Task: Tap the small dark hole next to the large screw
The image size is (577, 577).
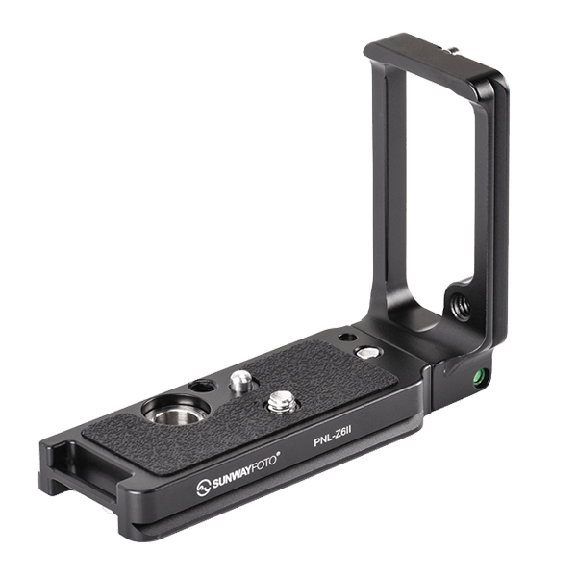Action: coord(199,386)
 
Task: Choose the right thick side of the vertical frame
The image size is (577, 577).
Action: coord(490,212)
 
